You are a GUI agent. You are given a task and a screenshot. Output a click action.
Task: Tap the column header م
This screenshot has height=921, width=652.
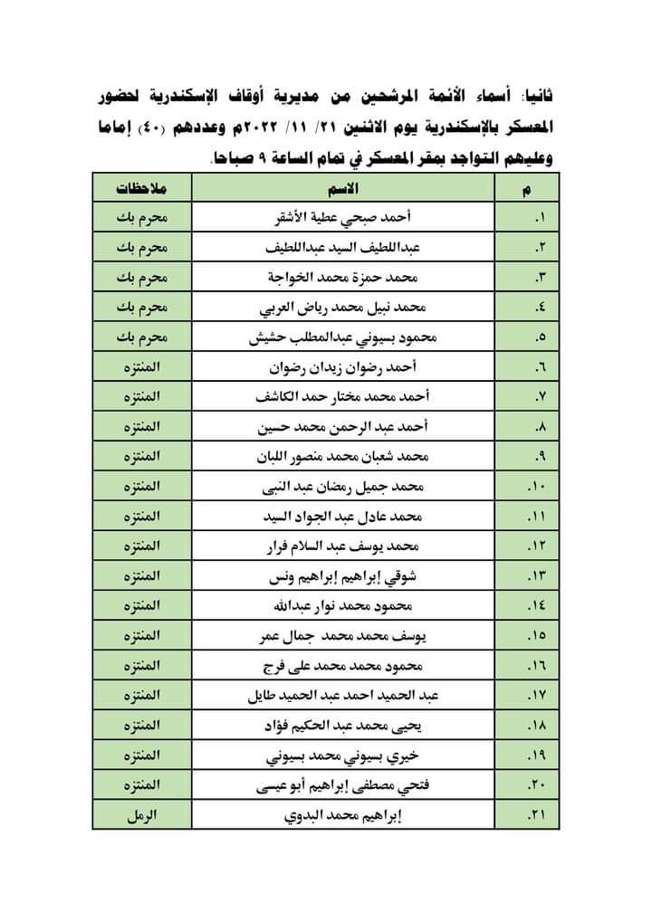click(x=528, y=188)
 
